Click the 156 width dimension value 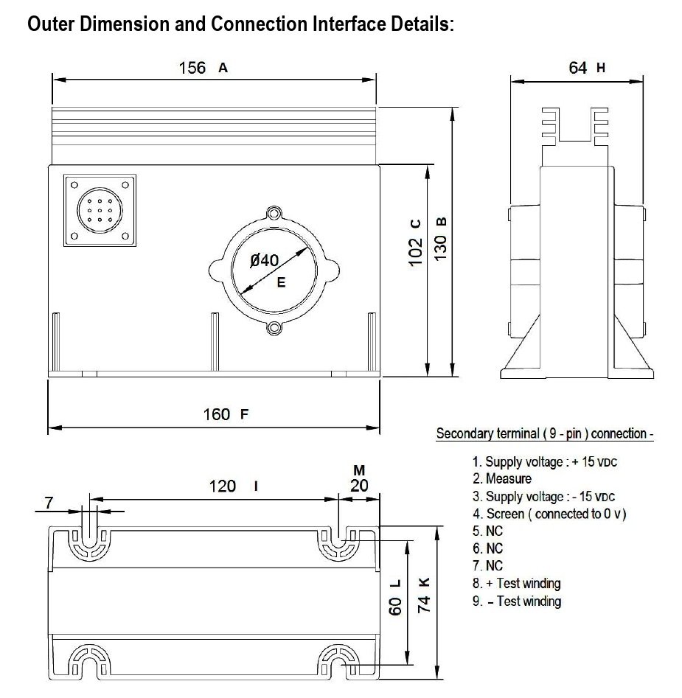tap(192, 68)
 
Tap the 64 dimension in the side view tap(578, 68)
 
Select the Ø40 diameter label tap(264, 260)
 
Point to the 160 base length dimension tap(217, 414)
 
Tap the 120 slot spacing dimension tap(222, 486)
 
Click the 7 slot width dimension tap(49, 503)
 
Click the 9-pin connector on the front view tap(100, 210)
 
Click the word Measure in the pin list tap(508, 479)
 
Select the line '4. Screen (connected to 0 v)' tap(549, 514)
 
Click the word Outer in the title tap(52, 24)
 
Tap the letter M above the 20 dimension tap(359, 470)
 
